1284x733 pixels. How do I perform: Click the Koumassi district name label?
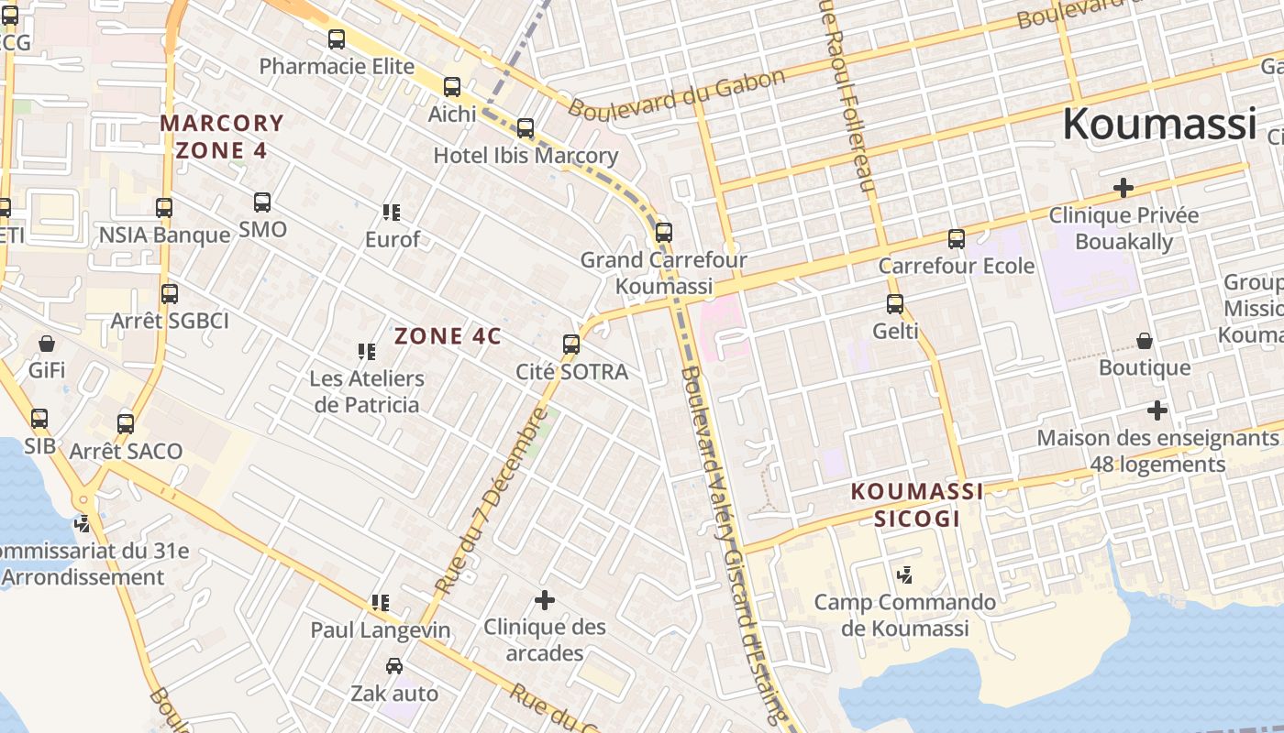pos(1158,124)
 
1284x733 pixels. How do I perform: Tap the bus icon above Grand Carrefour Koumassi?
pos(664,233)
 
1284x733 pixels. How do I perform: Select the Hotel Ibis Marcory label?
pos(526,156)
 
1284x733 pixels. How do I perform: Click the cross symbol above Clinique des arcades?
pos(545,600)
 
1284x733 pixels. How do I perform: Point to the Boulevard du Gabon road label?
pos(677,93)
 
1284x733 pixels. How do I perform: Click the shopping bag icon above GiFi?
pos(47,344)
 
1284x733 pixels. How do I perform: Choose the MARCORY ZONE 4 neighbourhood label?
pos(222,137)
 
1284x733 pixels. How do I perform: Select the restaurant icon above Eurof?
pos(392,213)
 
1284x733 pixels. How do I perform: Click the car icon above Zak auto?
pos(394,666)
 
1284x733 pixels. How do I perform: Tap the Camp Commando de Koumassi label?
pos(905,615)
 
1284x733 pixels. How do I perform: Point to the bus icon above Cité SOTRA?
pos(571,345)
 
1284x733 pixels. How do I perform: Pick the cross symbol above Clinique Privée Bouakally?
pos(1123,188)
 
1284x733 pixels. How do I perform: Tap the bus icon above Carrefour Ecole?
pos(957,239)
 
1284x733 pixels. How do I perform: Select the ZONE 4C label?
pos(448,336)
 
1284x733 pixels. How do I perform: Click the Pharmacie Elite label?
pos(337,67)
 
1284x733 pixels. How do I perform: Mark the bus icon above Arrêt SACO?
pos(126,424)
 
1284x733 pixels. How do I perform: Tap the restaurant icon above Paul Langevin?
pos(380,603)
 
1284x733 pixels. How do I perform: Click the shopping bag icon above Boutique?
pos(1145,342)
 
